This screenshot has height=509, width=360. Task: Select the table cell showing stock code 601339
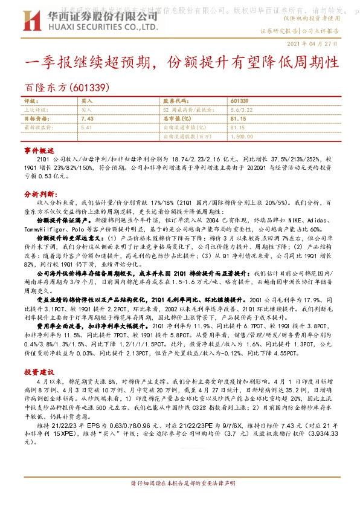pyautogui.click(x=239, y=100)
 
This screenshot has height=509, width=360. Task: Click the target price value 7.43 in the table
pyautogui.click(x=85, y=119)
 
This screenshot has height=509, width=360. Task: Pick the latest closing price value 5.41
pyautogui.click(x=85, y=128)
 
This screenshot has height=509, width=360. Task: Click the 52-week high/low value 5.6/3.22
pyautogui.click(x=242, y=110)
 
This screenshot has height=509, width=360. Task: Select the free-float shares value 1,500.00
pyautogui.click(x=242, y=137)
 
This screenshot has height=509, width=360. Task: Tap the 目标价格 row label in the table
pyautogui.click(x=36, y=119)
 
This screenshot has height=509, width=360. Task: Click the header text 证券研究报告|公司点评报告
pyautogui.click(x=300, y=30)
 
